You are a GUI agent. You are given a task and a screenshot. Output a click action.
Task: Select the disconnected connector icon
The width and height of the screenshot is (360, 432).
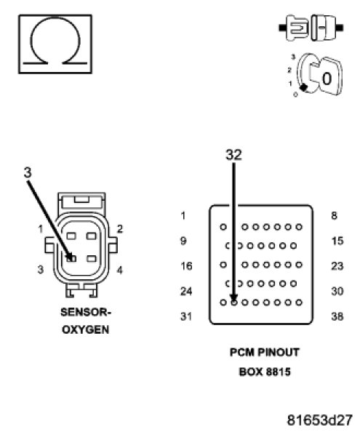pyautogui.click(x=311, y=28)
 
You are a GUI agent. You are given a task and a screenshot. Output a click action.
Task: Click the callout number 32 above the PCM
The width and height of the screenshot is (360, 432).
pyautogui.click(x=233, y=155)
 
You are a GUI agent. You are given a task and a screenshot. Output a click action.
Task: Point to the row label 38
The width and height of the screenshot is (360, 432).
pyautogui.click(x=337, y=316)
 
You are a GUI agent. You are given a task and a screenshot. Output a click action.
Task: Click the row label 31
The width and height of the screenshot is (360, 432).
pyautogui.click(x=186, y=316)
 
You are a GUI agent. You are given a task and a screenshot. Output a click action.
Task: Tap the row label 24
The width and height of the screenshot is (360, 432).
pyautogui.click(x=186, y=291)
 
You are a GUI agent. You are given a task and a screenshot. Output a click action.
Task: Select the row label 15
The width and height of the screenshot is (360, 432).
pyautogui.click(x=337, y=241)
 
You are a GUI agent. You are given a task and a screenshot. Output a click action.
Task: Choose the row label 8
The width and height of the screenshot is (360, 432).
pyautogui.click(x=334, y=216)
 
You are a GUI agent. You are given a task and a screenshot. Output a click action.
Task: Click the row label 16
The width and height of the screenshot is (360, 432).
pyautogui.click(x=186, y=266)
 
